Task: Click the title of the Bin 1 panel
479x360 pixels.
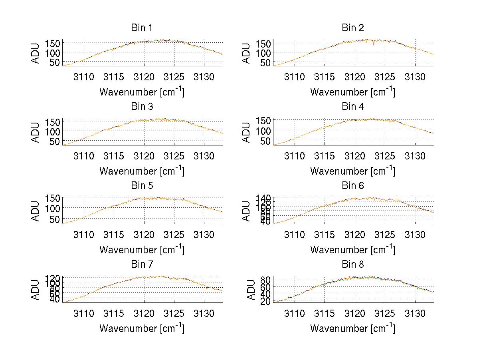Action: [142, 28]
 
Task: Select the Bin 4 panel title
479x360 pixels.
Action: [353, 107]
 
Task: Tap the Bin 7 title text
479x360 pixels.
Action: [142, 265]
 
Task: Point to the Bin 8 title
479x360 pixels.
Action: [353, 265]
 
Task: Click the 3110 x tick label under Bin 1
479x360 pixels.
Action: [84, 77]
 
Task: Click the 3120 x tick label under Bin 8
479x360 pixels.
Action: [355, 313]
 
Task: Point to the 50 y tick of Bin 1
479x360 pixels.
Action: [55, 62]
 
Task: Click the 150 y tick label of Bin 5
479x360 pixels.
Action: [53, 198]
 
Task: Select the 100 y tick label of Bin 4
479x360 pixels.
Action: [263, 130]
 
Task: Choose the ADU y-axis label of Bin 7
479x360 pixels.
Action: [36, 289]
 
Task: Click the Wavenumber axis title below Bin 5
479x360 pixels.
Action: [142, 250]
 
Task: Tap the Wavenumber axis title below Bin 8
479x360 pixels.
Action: [353, 328]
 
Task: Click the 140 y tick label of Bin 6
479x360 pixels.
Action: [263, 197]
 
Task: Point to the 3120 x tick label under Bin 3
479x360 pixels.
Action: [144, 156]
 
